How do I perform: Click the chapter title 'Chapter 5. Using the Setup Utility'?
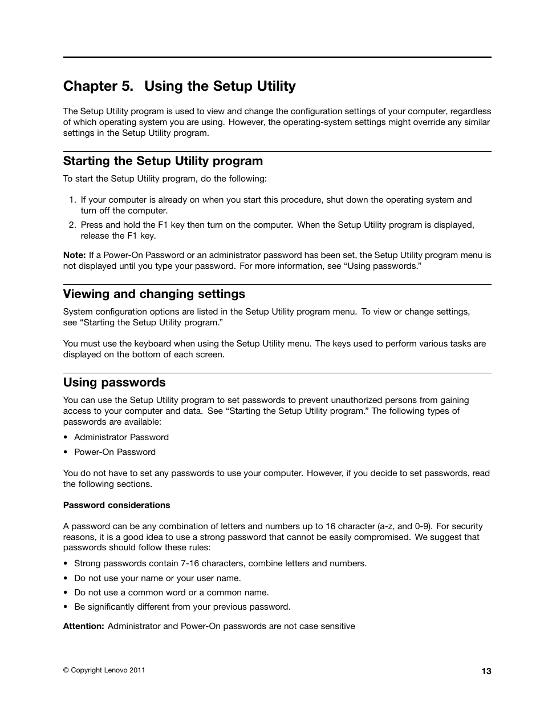[x=179, y=86]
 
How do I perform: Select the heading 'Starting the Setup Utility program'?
[x=163, y=161]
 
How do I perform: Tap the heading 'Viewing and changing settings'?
[x=154, y=294]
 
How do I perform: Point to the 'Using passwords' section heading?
[x=114, y=382]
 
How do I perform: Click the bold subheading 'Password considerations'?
[x=116, y=505]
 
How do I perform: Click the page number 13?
[x=486, y=671]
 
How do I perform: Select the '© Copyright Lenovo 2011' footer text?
[x=104, y=670]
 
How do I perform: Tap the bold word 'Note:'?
[x=74, y=256]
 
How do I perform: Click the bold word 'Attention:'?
[x=83, y=626]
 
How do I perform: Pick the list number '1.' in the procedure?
[x=72, y=200]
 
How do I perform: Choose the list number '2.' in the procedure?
[x=72, y=225]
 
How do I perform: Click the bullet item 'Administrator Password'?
[x=121, y=437]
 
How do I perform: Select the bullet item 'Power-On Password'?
[x=115, y=452]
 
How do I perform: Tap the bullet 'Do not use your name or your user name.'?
[x=157, y=578]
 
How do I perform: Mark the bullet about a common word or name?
[x=171, y=593]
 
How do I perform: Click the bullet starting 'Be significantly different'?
[x=182, y=607]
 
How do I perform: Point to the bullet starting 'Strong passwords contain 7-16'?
[x=220, y=563]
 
